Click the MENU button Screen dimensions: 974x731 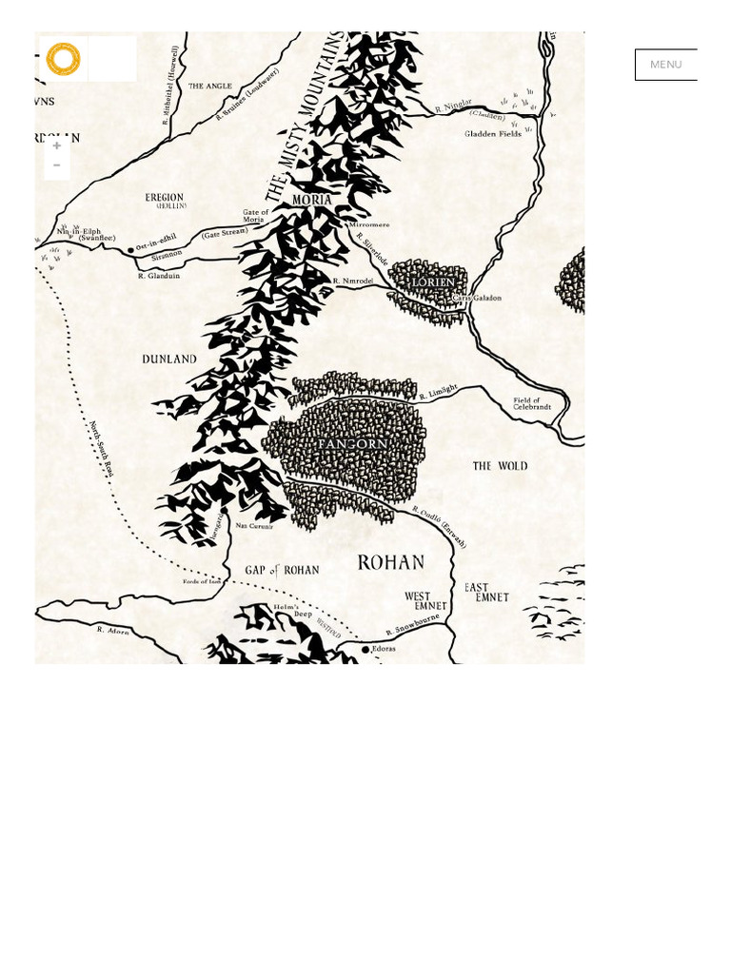pyautogui.click(x=665, y=65)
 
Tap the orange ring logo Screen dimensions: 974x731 pyautogui.click(x=63, y=59)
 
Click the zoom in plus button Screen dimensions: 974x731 pyautogui.click(x=57, y=146)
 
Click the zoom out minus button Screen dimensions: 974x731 pyautogui.click(x=57, y=166)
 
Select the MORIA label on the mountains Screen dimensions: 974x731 pyautogui.click(x=312, y=201)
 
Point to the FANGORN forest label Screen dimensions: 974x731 pyautogui.click(x=352, y=444)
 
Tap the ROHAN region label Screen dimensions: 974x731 pyautogui.click(x=390, y=562)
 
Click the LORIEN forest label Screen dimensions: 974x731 pyautogui.click(x=435, y=282)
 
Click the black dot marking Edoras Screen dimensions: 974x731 pyautogui.click(x=365, y=650)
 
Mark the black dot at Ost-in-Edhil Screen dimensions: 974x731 pyautogui.click(x=130, y=250)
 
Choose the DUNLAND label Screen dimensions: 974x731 pyautogui.click(x=169, y=360)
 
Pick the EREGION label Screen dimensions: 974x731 pyautogui.click(x=164, y=198)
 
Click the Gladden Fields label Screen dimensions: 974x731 pyautogui.click(x=493, y=134)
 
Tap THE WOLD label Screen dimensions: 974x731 pyautogui.click(x=500, y=466)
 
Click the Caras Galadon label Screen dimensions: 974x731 pyautogui.click(x=476, y=298)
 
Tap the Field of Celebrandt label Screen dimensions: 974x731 pyautogui.click(x=532, y=403)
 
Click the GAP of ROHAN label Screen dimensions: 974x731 pyautogui.click(x=282, y=570)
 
